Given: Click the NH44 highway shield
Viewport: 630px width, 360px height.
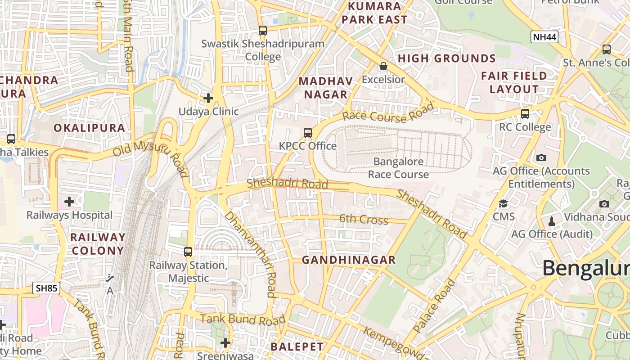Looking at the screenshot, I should pyautogui.click(x=544, y=37).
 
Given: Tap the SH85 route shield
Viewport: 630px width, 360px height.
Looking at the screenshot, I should pyautogui.click(x=46, y=288).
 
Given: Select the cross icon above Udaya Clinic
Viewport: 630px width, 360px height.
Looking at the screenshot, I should pyautogui.click(x=208, y=98).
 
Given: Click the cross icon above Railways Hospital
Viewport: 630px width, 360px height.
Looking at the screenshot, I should pyautogui.click(x=69, y=202).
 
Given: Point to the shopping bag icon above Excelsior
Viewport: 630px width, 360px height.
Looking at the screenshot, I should pyautogui.click(x=383, y=66).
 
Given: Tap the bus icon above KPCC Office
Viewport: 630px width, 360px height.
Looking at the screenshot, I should pyautogui.click(x=308, y=132).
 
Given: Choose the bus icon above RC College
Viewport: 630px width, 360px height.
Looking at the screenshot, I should pyautogui.click(x=525, y=113).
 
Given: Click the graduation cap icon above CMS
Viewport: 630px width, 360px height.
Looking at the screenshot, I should pyautogui.click(x=503, y=204).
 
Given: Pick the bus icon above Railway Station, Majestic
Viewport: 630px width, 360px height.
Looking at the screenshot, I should pyautogui.click(x=188, y=252).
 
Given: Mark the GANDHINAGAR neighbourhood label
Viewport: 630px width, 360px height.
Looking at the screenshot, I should pyautogui.click(x=349, y=260).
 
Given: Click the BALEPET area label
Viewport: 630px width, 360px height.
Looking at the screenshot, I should pyautogui.click(x=297, y=346).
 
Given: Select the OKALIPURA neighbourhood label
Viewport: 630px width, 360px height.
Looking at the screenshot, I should pyautogui.click(x=89, y=128).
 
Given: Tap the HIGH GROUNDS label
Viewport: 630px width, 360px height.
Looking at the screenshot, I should pyautogui.click(x=447, y=58).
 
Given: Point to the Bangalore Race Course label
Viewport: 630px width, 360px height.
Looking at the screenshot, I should pyautogui.click(x=398, y=168).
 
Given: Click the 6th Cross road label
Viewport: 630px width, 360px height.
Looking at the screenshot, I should pyautogui.click(x=364, y=220).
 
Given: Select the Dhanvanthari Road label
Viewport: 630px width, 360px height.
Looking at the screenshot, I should pyautogui.click(x=250, y=254).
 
